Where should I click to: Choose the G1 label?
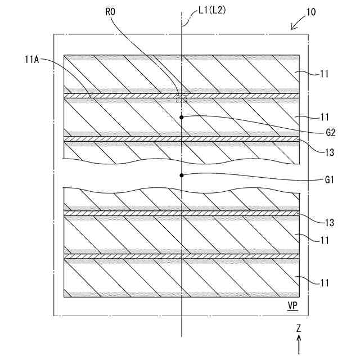click(330, 180)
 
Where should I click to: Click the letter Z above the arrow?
click(299, 327)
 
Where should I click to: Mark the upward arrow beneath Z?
click(299, 344)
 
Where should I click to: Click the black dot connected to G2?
click(182, 117)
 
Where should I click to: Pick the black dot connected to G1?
click(182, 175)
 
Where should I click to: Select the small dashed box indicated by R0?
click(181, 99)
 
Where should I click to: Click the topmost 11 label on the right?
click(324, 73)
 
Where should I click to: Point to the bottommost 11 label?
click(324, 282)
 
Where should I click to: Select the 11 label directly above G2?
click(324, 118)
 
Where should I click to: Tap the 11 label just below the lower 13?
click(324, 240)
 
